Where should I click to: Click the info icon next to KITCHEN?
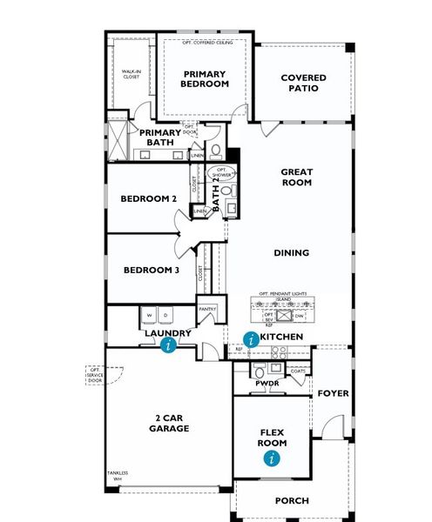(252, 339)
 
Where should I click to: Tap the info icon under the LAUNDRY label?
(169, 345)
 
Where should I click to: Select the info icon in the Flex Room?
(273, 457)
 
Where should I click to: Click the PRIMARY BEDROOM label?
(205, 79)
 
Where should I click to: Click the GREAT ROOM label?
(296, 177)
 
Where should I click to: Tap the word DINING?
(292, 253)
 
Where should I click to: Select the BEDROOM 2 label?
(149, 199)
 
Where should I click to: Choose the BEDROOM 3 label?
(151, 270)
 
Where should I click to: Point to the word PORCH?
(292, 500)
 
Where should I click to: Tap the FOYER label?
(333, 393)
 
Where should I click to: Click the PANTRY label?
(207, 309)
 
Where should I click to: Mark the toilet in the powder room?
(262, 371)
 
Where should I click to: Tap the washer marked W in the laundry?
(151, 315)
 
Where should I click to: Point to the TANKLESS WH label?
(118, 476)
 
